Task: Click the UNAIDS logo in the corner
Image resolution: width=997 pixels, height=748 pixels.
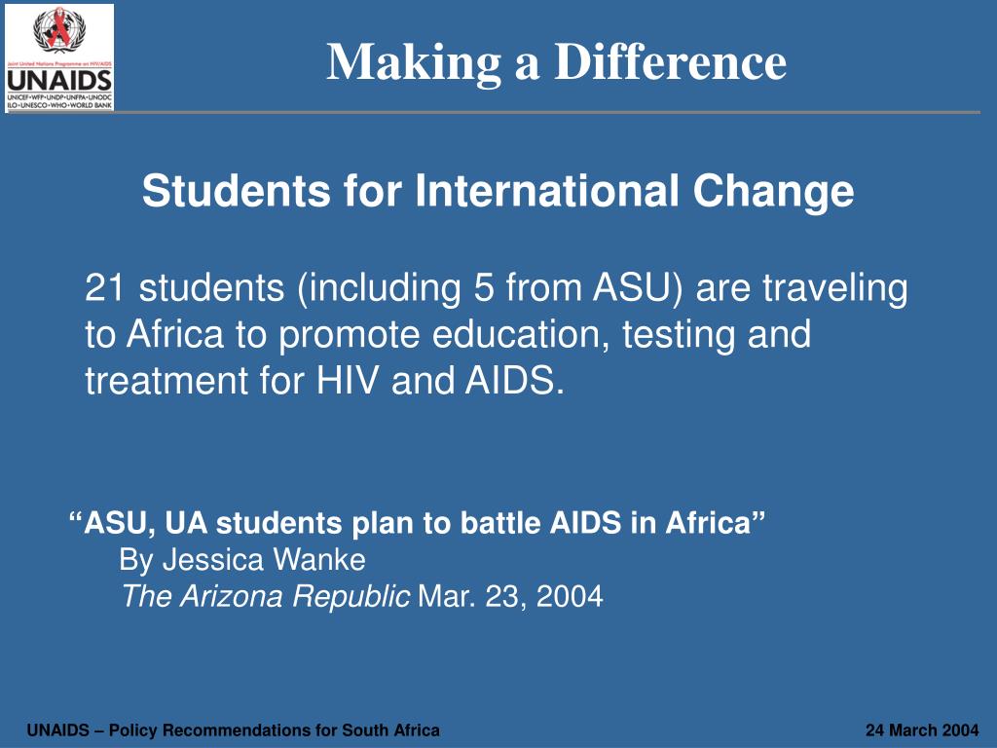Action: coord(59,57)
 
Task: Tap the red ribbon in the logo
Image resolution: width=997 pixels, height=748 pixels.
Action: coord(60,30)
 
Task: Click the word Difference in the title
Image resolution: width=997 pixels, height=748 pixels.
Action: coord(671,62)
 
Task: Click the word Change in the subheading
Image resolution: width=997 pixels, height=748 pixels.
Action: coord(773,191)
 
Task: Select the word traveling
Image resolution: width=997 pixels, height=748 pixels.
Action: coord(833,288)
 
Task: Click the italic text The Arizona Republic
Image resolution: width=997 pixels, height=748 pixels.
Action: coord(265,596)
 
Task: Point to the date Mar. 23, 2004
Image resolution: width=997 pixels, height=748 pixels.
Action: coord(510,596)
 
